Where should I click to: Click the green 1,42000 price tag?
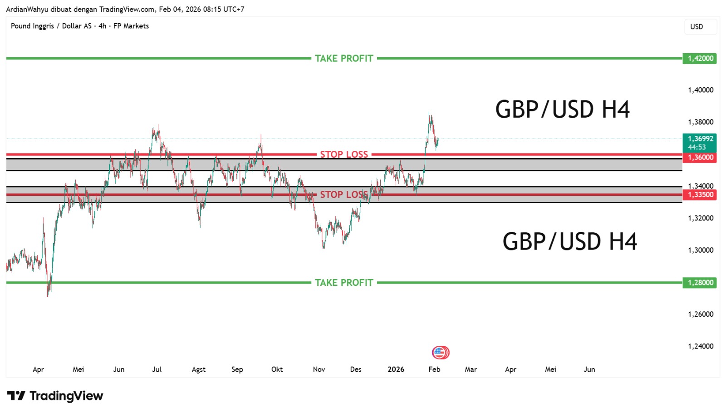(699, 58)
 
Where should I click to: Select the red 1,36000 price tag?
(699, 157)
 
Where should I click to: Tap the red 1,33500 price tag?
(699, 195)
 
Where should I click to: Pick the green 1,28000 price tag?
(699, 283)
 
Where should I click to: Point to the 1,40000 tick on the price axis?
(701, 90)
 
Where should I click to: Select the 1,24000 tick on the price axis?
(701, 346)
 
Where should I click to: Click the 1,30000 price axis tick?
(701, 250)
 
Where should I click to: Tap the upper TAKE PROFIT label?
(344, 58)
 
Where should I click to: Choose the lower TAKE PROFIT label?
(344, 283)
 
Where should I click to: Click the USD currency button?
(697, 27)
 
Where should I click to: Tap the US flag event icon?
(440, 352)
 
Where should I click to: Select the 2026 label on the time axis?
(396, 369)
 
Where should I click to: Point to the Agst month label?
(198, 369)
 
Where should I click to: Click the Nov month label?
(319, 369)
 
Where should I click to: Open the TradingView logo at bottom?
(55, 396)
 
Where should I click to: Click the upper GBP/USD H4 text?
(562, 110)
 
